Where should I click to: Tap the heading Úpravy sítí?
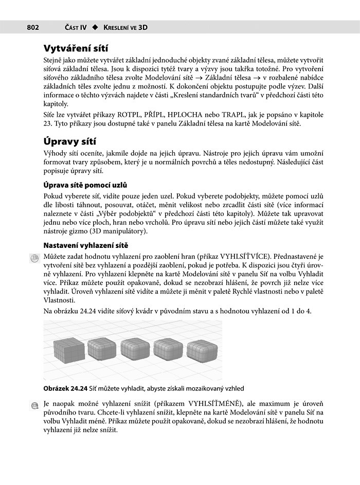coord(70,141)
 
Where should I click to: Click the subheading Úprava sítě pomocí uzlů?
coord(85,185)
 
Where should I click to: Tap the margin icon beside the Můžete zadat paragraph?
coord(34,257)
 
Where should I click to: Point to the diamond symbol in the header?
coord(95,27)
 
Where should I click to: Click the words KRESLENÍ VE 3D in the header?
coord(125,27)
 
